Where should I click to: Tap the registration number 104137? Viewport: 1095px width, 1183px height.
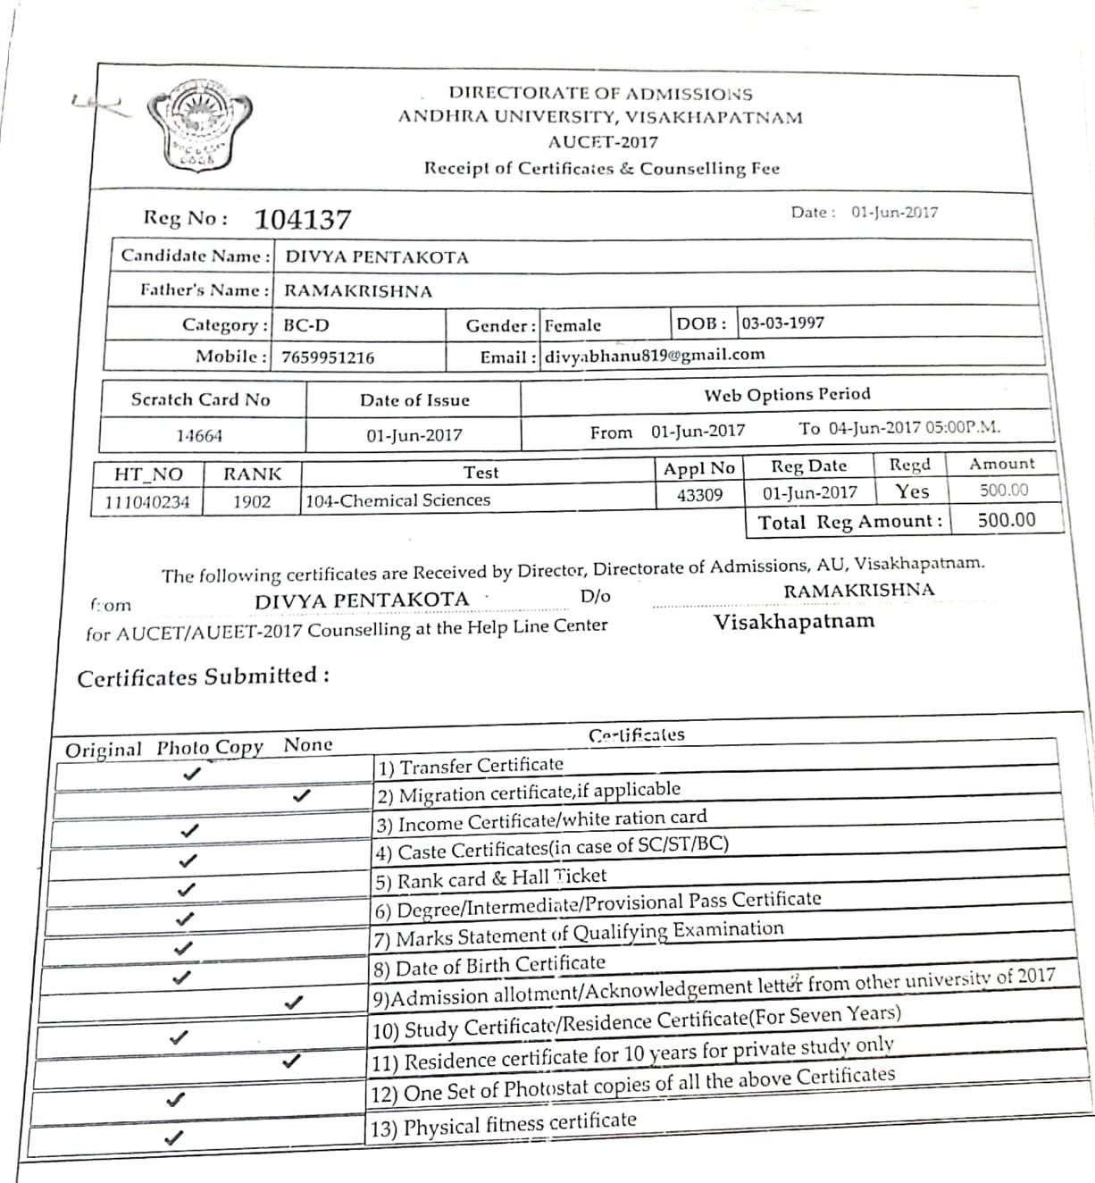pyautogui.click(x=303, y=220)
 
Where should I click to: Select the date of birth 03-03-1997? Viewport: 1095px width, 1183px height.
pyautogui.click(x=783, y=323)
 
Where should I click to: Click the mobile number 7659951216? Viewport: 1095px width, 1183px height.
pyautogui.click(x=328, y=357)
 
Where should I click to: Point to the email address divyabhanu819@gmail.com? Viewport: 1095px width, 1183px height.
pyautogui.click(x=655, y=355)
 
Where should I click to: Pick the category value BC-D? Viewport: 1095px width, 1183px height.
pyautogui.click(x=306, y=325)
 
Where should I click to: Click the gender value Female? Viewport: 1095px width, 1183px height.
pyautogui.click(x=573, y=326)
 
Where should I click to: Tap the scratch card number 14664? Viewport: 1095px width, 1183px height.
pyautogui.click(x=199, y=436)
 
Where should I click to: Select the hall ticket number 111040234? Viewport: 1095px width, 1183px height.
pyautogui.click(x=147, y=502)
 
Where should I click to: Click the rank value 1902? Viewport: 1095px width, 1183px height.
pyautogui.click(x=251, y=501)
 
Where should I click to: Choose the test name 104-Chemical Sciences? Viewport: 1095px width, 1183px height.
pyautogui.click(x=398, y=500)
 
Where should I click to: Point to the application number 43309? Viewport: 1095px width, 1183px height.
pyautogui.click(x=699, y=495)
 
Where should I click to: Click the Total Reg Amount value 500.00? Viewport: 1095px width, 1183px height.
pyautogui.click(x=1007, y=520)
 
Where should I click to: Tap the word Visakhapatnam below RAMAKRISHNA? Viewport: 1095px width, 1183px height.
pyautogui.click(x=794, y=622)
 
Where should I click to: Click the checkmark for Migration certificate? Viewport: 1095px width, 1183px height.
pyautogui.click(x=302, y=794)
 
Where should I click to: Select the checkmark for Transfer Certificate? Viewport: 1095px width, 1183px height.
pyautogui.click(x=190, y=774)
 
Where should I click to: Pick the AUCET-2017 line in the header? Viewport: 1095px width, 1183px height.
pyautogui.click(x=603, y=142)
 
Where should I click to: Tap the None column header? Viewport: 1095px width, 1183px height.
pyautogui.click(x=308, y=744)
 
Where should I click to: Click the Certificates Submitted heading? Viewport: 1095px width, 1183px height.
pyautogui.click(x=204, y=677)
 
